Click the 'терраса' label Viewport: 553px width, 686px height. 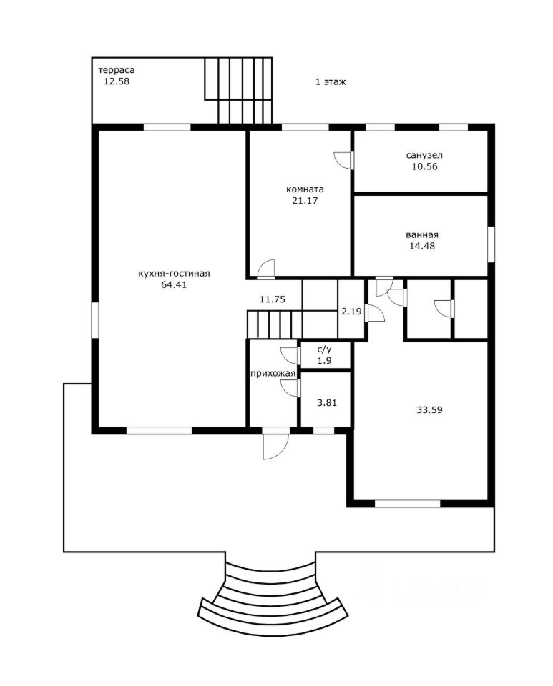click(x=116, y=70)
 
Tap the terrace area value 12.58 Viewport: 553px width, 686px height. click(x=116, y=81)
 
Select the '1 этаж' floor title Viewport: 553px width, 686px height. click(x=331, y=81)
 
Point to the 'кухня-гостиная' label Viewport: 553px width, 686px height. click(x=174, y=274)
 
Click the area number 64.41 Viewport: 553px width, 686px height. click(x=174, y=284)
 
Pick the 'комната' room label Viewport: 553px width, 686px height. click(x=305, y=189)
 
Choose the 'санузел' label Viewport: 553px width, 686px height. click(x=424, y=155)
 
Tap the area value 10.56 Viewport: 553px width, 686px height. click(x=424, y=166)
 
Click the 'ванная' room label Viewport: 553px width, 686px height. click(x=421, y=235)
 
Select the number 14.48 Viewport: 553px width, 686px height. click(x=421, y=246)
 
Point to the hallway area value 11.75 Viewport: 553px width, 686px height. click(x=273, y=299)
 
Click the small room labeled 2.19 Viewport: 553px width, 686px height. click(x=351, y=312)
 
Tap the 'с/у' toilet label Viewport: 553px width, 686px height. click(x=325, y=350)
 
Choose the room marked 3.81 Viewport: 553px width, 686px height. click(x=327, y=402)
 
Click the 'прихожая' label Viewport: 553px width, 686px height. click(x=273, y=374)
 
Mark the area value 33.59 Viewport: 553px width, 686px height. click(x=429, y=410)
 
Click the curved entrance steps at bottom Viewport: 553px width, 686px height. click(x=270, y=600)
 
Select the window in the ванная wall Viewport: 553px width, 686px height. click(x=491, y=244)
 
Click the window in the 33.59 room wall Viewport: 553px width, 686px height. click(x=407, y=504)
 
